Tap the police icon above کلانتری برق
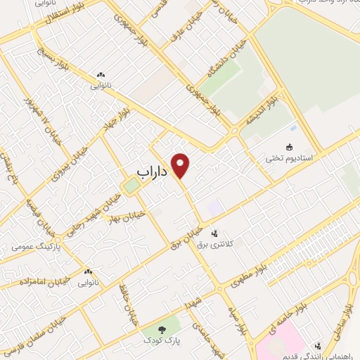point(215,232)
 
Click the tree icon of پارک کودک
point(160,328)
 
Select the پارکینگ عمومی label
point(41,247)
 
